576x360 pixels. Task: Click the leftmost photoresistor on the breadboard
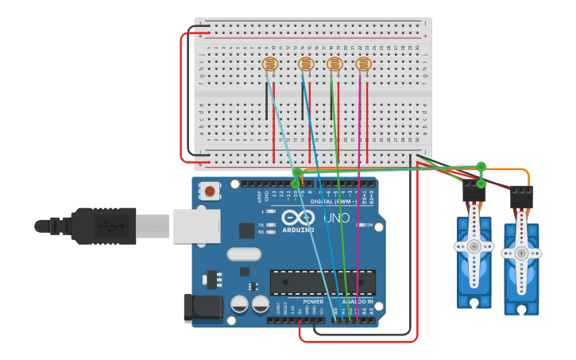[x=270, y=64]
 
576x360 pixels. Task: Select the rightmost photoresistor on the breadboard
[x=363, y=64]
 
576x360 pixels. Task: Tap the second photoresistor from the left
[x=306, y=64]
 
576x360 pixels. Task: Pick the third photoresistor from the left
[x=334, y=64]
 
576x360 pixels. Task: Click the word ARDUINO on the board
[x=298, y=230]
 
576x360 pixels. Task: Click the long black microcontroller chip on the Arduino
[x=323, y=282]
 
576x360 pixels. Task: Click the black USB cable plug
[x=103, y=226]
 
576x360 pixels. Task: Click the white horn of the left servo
[x=474, y=246]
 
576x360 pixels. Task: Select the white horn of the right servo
[x=521, y=254]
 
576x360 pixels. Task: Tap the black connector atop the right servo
[x=521, y=196]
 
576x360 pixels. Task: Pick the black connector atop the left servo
[x=474, y=191]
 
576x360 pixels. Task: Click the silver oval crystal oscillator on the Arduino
[x=243, y=254]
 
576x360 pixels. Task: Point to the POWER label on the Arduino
[x=313, y=302]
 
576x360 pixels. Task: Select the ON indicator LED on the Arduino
[x=360, y=225]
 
